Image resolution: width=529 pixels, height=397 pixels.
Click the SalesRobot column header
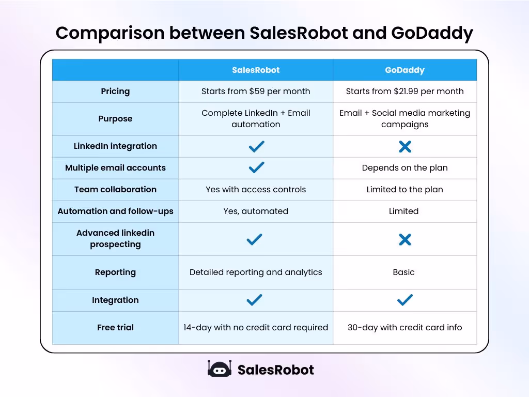coord(256,70)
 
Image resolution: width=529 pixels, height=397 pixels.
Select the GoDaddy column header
coord(404,70)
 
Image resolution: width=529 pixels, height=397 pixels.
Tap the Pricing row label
coord(115,91)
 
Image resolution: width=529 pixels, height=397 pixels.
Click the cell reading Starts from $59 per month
coord(256,91)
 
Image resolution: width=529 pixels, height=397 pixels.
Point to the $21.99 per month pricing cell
coord(404,91)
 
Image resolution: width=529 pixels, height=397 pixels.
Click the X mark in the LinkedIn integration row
coord(405,147)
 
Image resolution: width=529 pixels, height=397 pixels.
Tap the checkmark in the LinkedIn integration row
coord(256,147)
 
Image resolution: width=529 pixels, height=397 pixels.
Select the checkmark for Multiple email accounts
coord(256,167)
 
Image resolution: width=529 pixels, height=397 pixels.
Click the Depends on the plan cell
coord(404,168)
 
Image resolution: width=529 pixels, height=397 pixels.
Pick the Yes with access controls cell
coord(256,190)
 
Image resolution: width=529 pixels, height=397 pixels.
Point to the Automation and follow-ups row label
coord(115,211)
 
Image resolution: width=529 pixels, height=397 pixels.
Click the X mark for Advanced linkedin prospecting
coord(405,239)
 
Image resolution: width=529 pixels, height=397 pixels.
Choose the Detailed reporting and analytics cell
coord(256,272)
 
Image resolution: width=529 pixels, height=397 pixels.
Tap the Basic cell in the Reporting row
coord(403,272)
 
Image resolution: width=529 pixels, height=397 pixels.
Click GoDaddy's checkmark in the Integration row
coord(405,300)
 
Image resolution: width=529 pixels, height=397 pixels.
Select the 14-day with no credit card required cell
coord(256,328)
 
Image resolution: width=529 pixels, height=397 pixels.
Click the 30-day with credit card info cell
coord(404,328)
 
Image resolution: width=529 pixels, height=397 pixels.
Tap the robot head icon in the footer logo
coord(219,369)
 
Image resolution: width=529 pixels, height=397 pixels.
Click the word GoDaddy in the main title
coord(432,34)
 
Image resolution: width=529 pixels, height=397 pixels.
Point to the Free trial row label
coord(115,328)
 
